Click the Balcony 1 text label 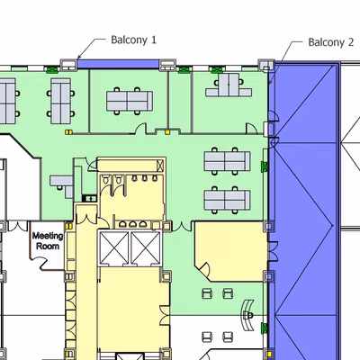coord(134,40)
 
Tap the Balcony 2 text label coord(331,42)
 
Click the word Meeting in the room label coord(48,236)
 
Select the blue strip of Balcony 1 coord(118,64)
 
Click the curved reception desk coord(248,316)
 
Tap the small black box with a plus coord(90,198)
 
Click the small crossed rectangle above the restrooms coord(160,166)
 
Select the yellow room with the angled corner coord(231,251)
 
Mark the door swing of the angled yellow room coord(205,269)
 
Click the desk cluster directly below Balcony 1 coord(130,101)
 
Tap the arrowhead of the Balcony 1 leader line coord(79,57)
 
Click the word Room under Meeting coord(48,247)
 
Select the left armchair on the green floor coord(207,293)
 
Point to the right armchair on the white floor coord(228,337)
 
